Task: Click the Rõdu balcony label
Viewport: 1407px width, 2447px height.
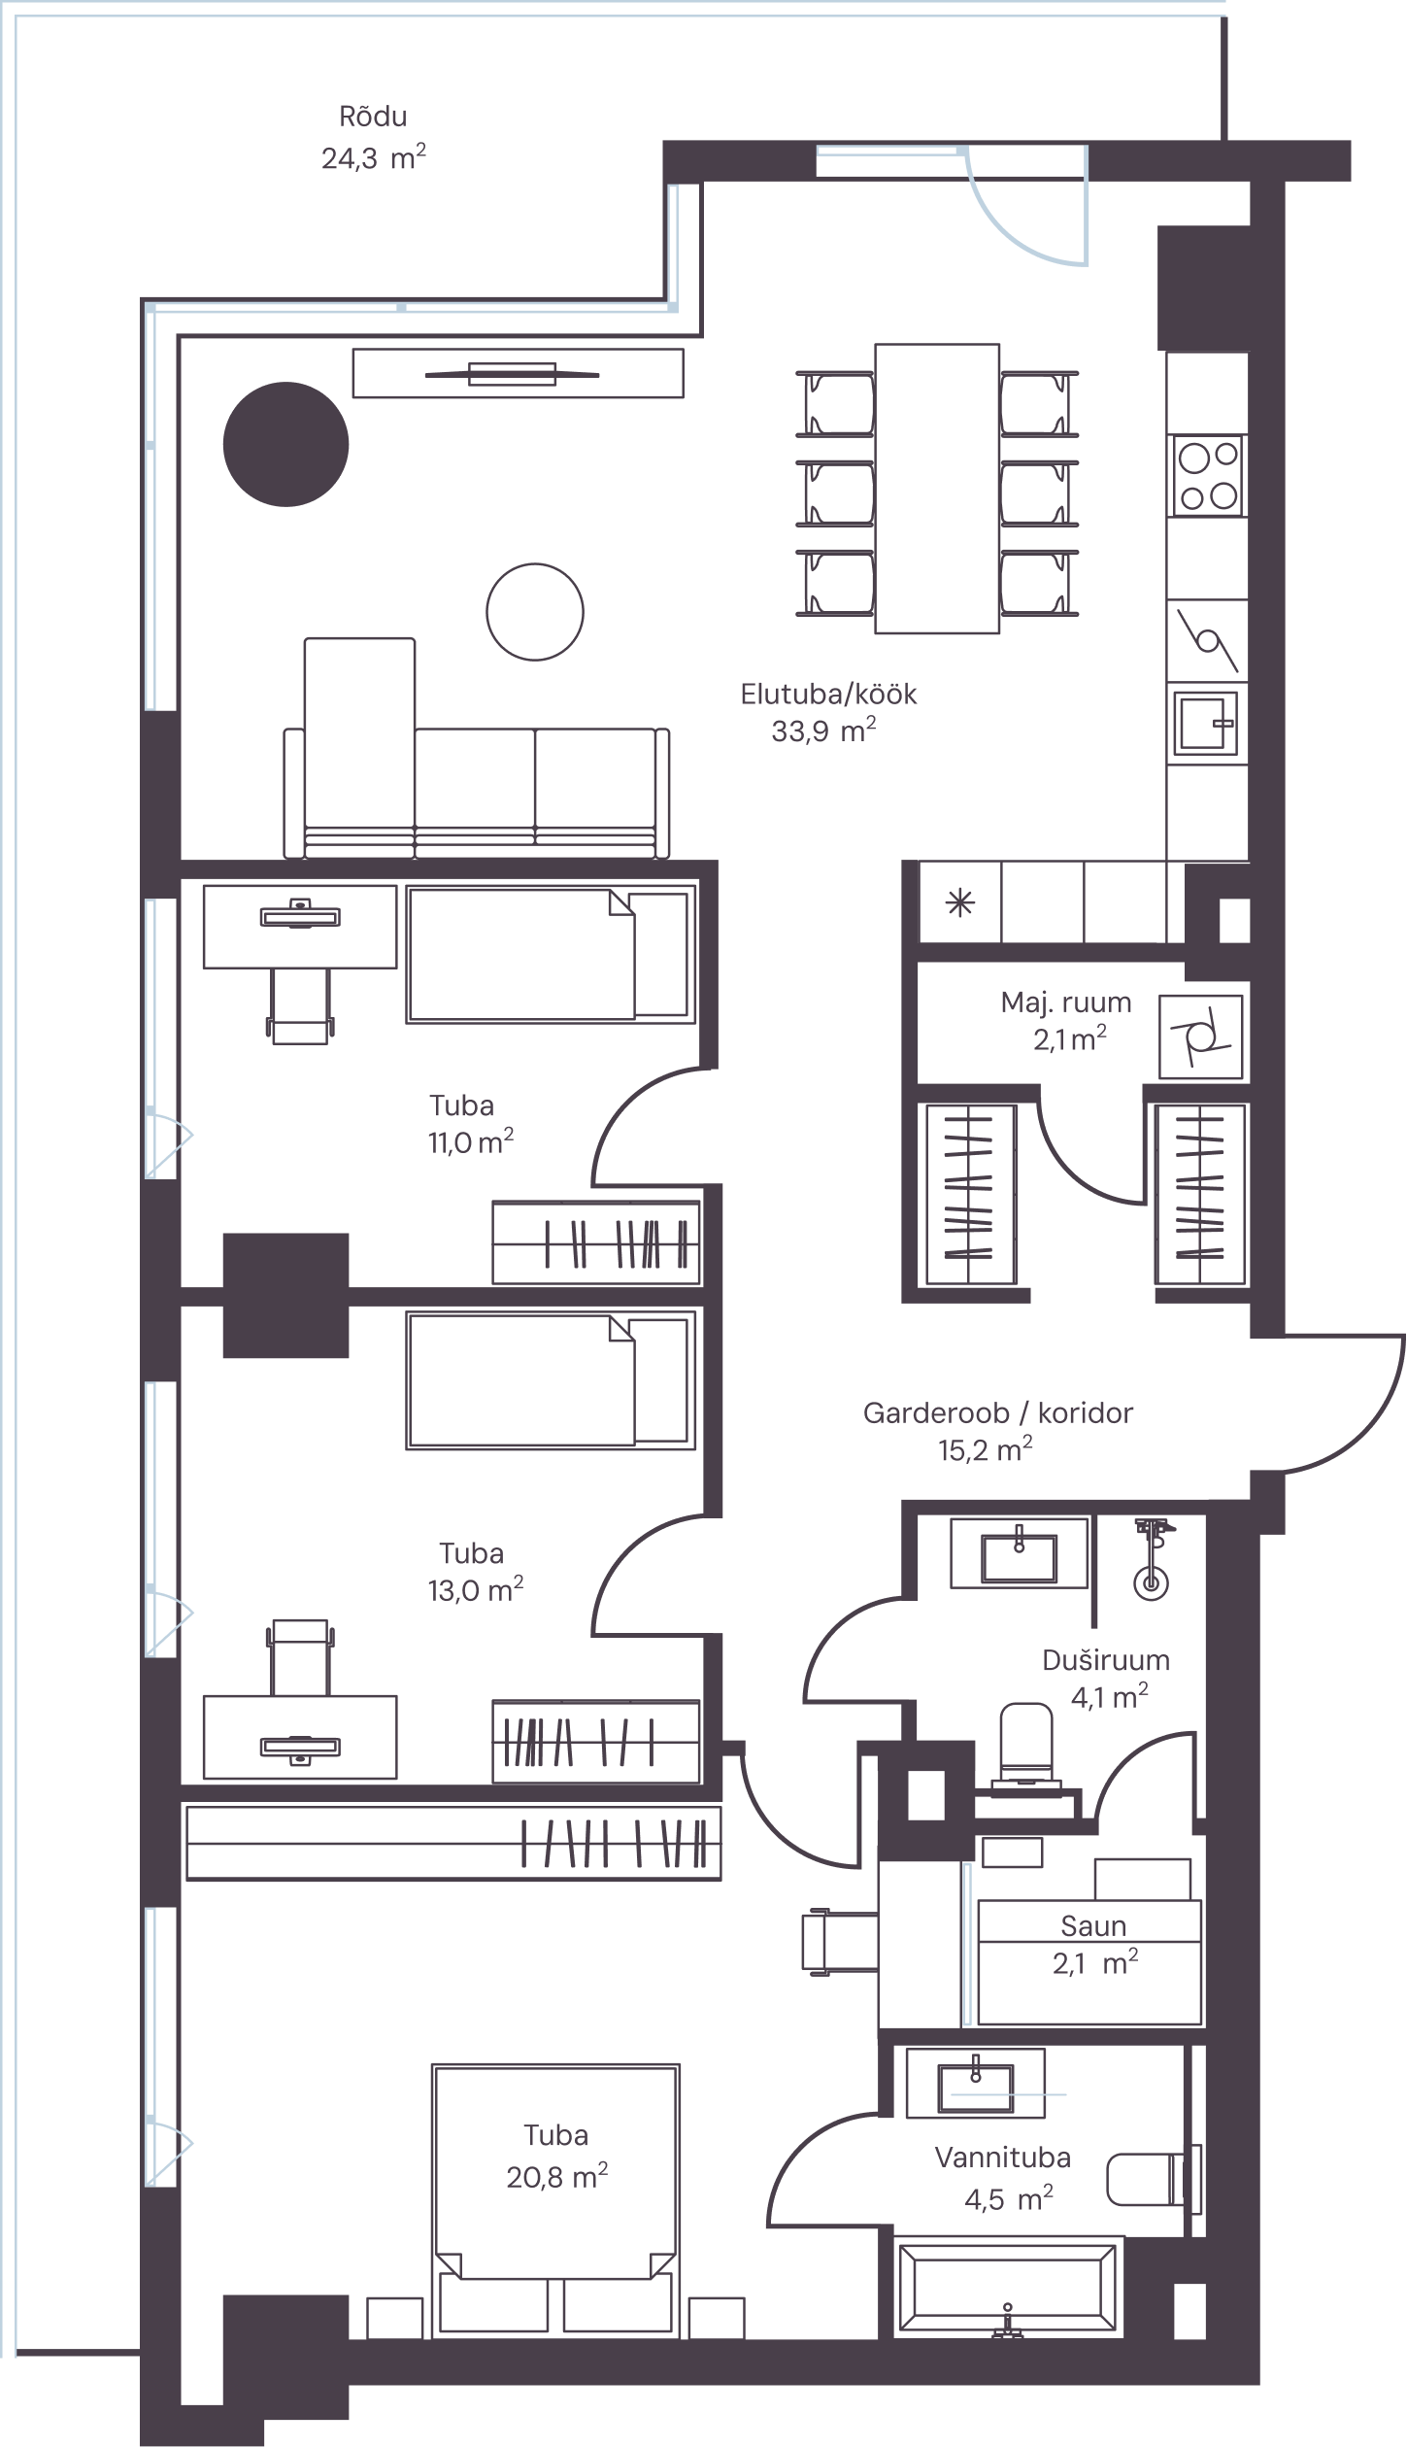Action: click(373, 117)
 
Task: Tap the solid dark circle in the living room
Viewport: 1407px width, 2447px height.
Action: click(285, 444)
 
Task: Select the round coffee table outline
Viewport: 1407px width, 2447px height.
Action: click(535, 612)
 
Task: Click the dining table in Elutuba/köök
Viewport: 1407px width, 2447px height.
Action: click(937, 489)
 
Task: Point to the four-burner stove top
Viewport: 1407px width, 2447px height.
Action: click(1207, 476)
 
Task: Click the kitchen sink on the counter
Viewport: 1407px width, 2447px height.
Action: click(1206, 723)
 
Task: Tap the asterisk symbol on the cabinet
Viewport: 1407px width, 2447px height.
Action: click(959, 903)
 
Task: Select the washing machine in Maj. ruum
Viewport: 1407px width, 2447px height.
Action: click(1201, 1037)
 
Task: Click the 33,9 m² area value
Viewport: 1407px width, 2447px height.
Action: click(823, 731)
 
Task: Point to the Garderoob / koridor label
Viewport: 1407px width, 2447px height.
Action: click(998, 1412)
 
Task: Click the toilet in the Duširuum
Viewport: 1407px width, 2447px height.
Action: click(1026, 1755)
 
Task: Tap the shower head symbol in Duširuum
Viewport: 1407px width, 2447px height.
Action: click(1152, 1558)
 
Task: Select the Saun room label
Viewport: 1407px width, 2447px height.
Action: click(1093, 1925)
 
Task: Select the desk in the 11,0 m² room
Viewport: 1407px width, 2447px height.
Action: click(300, 927)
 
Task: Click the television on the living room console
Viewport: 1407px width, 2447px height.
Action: click(513, 374)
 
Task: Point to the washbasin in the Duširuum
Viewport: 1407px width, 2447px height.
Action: click(1019, 1554)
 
